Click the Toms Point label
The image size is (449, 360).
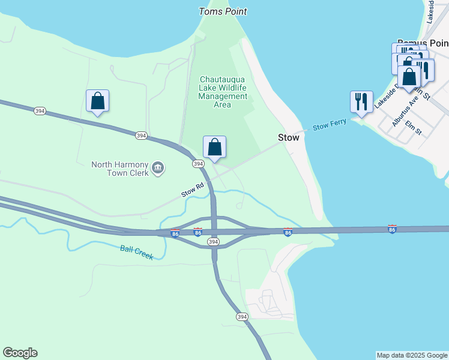coord(223,11)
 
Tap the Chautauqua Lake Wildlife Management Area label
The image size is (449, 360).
coord(223,92)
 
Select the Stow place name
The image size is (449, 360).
coord(288,137)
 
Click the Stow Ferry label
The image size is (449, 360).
coord(330,125)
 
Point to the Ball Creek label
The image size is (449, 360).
coord(136,253)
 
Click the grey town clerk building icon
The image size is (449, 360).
coord(158,168)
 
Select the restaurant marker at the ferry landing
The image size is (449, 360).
coord(361,102)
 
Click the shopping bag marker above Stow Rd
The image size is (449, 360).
coord(214,148)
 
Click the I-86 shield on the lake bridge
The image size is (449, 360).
coord(392,229)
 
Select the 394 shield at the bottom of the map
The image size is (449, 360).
coord(241,316)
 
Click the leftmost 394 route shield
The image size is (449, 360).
coord(40,111)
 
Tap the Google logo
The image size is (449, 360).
coord(20,353)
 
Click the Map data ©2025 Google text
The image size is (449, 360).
coord(411,355)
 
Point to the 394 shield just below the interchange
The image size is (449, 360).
coord(213,241)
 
